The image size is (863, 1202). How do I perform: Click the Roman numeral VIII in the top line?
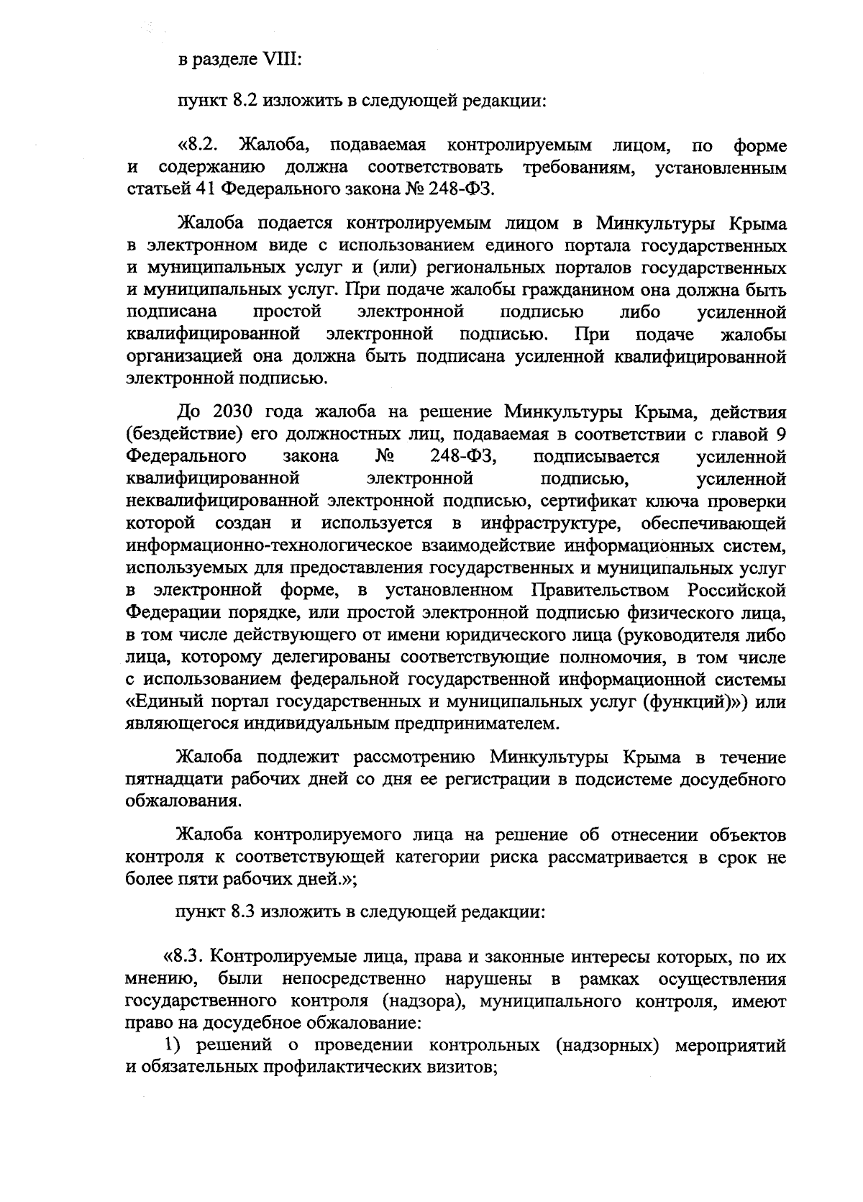point(283,58)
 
